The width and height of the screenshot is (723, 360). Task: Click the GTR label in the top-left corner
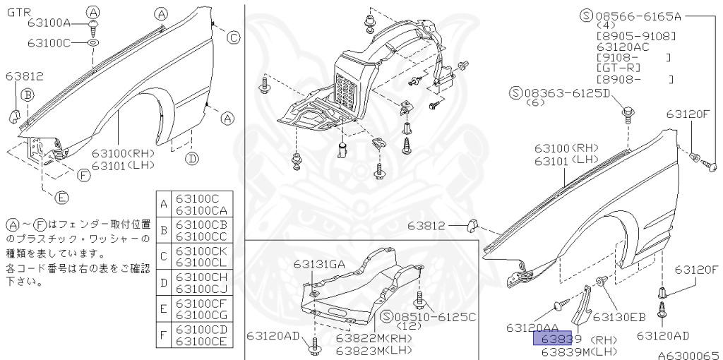(18, 12)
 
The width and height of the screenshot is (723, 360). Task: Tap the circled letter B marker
(28, 94)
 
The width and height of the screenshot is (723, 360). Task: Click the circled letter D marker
(192, 159)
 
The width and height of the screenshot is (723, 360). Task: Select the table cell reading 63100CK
(201, 251)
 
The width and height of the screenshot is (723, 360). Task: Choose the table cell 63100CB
(201, 225)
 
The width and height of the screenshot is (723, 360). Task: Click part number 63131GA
(320, 265)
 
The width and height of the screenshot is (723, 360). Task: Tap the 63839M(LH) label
(579, 351)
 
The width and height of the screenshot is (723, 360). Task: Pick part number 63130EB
(619, 317)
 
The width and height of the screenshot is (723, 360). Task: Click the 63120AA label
(533, 328)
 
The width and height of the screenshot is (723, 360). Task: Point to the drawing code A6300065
(688, 354)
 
